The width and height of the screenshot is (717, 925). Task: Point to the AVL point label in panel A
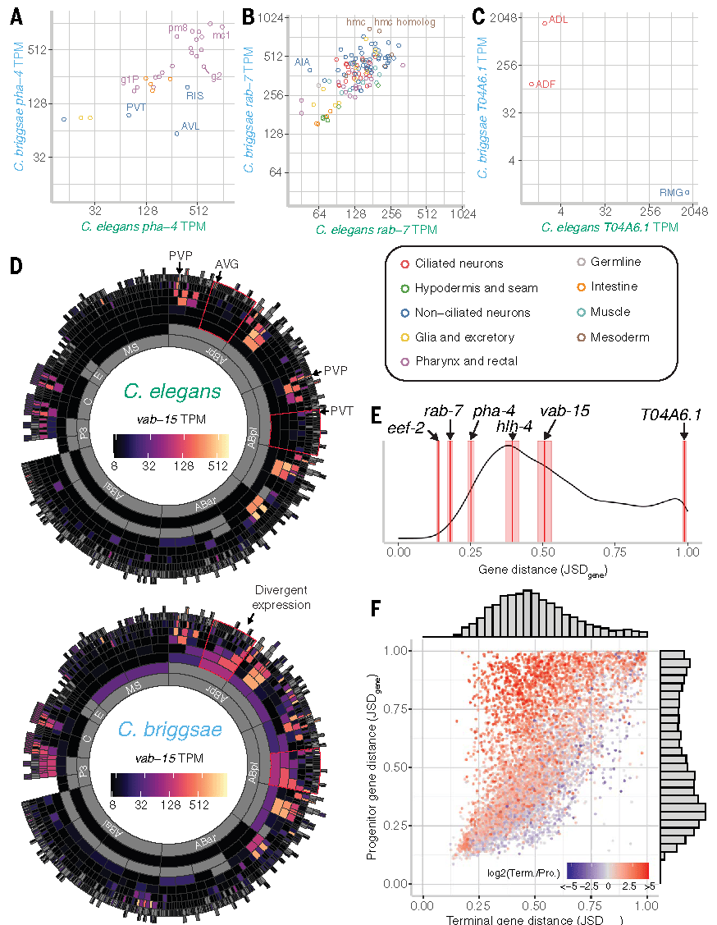tap(190, 126)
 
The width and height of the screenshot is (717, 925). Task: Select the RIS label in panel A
tap(194, 96)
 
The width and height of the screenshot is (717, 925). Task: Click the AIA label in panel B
tap(302, 62)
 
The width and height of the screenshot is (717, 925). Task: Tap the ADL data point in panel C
tap(544, 23)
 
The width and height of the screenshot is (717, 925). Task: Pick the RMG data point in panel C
tap(687, 193)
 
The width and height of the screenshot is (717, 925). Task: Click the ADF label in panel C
tap(546, 84)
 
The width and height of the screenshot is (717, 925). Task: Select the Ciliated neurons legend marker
tap(404, 263)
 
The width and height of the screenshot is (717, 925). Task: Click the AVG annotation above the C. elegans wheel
tap(226, 263)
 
